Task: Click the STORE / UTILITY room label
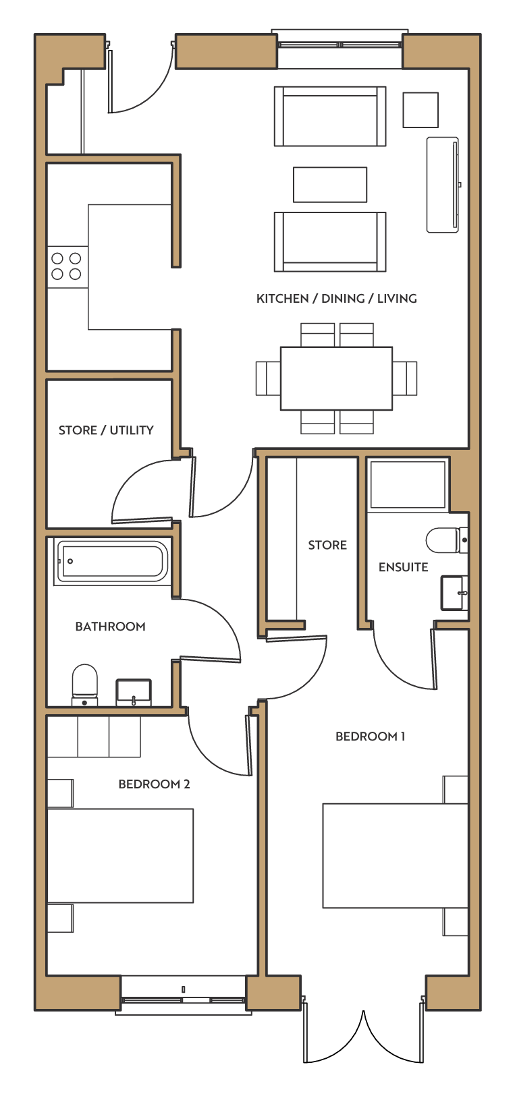tap(106, 430)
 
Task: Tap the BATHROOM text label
tap(110, 627)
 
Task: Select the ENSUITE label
tap(403, 567)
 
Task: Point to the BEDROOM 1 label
tap(371, 736)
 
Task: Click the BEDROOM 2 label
tap(154, 784)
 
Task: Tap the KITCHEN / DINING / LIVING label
tap(337, 299)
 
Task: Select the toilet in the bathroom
tap(84, 685)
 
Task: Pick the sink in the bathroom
tap(134, 693)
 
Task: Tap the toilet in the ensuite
tap(447, 540)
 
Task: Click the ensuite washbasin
tap(454, 593)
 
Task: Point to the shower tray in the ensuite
tap(408, 485)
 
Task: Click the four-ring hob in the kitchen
tap(67, 266)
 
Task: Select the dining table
tap(336, 378)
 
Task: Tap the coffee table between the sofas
tap(330, 185)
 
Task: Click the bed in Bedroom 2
tap(120, 856)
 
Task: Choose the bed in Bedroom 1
tap(396, 856)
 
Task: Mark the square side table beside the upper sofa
tap(421, 110)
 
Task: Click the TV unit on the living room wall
tap(443, 185)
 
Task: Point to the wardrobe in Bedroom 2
tap(94, 736)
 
